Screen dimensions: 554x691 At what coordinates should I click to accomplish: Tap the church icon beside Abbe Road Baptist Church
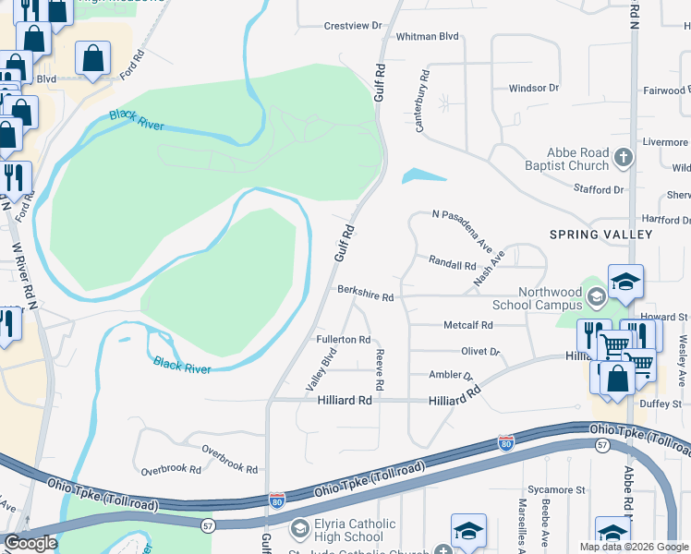point(624,158)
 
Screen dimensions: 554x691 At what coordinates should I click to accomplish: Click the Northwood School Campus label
point(537,298)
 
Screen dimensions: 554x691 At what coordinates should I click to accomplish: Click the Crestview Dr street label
point(353,26)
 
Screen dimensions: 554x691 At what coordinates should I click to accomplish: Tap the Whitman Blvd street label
point(427,36)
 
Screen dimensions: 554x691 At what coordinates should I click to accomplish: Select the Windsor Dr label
point(534,89)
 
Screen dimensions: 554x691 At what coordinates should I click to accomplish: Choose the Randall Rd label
point(452,264)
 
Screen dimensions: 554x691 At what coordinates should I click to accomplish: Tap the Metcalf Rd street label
point(468,325)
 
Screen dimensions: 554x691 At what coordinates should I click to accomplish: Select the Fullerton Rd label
point(343,340)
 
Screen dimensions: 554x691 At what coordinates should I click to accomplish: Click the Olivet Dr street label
point(480,352)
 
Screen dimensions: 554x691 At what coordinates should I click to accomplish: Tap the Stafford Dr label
point(600,189)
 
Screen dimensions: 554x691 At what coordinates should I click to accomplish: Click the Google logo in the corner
point(30,543)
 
